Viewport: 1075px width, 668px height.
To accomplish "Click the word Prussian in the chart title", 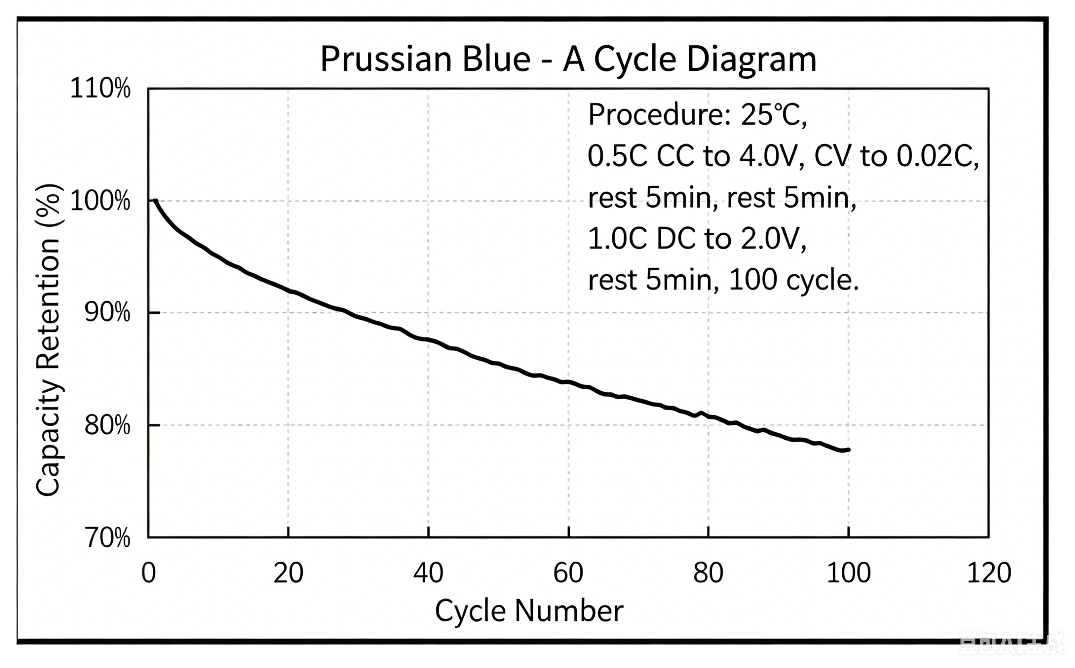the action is (386, 59).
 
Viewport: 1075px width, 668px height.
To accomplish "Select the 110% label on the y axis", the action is (100, 88).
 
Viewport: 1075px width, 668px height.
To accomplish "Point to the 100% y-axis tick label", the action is (100, 201).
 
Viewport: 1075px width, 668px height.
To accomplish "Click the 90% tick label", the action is (107, 313).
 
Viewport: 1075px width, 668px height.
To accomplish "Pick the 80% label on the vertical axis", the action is (107, 425).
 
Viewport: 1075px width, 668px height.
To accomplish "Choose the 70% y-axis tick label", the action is (107, 538).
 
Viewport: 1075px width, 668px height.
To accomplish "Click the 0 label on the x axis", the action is (149, 573).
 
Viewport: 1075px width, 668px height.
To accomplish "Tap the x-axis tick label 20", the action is (288, 573).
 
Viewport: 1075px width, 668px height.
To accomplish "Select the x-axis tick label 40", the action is (428, 573).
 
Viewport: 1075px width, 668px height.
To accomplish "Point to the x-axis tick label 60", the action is (568, 573).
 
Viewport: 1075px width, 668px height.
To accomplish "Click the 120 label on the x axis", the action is (989, 573).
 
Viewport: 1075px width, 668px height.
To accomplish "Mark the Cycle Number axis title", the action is (529, 611).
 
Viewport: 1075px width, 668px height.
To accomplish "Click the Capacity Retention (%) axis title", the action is (48, 340).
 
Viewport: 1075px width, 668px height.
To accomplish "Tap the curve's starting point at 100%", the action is (155, 201).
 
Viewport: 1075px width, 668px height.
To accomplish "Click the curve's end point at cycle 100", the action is (848, 450).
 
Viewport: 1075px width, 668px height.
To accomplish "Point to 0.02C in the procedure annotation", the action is (938, 157).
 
